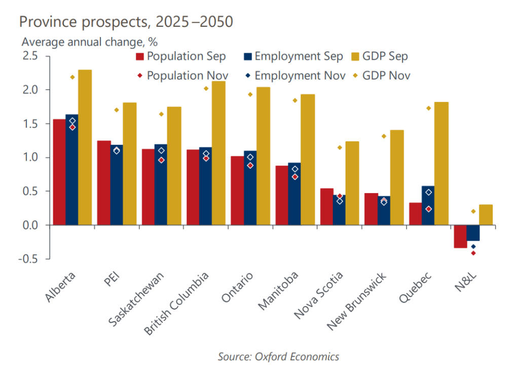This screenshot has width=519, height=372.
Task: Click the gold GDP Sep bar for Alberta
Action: coord(85,147)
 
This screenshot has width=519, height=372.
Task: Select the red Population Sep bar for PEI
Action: coord(104,182)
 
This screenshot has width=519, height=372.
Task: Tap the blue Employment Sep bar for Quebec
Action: coord(428,205)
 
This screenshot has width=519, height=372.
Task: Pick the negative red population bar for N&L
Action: coord(460,236)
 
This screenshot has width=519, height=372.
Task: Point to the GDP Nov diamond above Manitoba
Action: coord(294,100)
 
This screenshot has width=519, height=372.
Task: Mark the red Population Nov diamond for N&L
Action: coord(473,253)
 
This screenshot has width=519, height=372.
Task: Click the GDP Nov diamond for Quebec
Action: coord(428,108)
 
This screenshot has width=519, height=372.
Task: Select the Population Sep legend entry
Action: coord(180,56)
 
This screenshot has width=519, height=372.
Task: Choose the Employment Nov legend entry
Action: coord(294,76)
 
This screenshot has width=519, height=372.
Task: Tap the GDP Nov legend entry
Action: coord(381,76)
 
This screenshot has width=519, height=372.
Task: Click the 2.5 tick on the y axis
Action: coord(30,56)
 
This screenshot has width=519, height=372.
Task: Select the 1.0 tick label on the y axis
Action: coord(30,158)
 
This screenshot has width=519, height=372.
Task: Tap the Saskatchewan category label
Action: coord(137,299)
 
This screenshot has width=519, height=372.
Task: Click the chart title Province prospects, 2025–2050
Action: coord(126,22)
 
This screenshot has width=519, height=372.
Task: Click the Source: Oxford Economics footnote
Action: coord(278,356)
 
